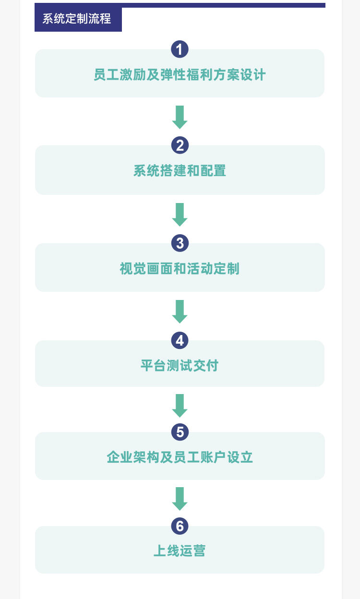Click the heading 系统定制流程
pyautogui.click(x=77, y=19)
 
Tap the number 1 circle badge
pyautogui.click(x=180, y=49)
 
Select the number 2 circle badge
pyautogui.click(x=180, y=145)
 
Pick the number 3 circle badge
pyautogui.click(x=180, y=243)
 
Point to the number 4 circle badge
pyautogui.click(x=180, y=340)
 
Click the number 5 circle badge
pyautogui.click(x=180, y=432)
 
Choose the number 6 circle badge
pyautogui.click(x=180, y=526)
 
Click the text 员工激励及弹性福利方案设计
pyautogui.click(x=180, y=75)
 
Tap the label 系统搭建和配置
pyautogui.click(x=180, y=171)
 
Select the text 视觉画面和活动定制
pyautogui.click(x=180, y=269)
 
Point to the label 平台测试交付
pyautogui.click(x=180, y=366)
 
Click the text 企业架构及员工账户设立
pyautogui.click(x=180, y=457)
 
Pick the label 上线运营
pyautogui.click(x=180, y=551)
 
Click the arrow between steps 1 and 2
pyautogui.click(x=180, y=117)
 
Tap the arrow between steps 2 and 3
pyautogui.click(x=180, y=215)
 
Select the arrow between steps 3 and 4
pyautogui.click(x=180, y=311)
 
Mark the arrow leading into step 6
pyautogui.click(x=180, y=499)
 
